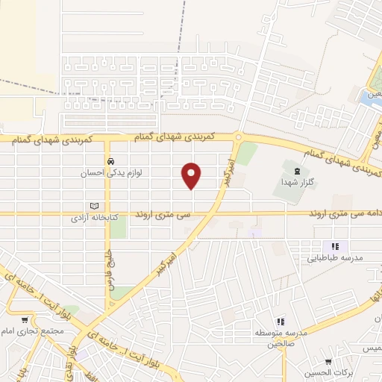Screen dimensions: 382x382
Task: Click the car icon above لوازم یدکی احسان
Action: tap(110, 161)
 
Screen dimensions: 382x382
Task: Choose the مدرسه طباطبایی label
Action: tap(336, 257)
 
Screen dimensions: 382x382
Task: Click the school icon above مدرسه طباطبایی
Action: tap(336, 246)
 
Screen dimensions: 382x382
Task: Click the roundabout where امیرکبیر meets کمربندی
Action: tap(238, 137)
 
